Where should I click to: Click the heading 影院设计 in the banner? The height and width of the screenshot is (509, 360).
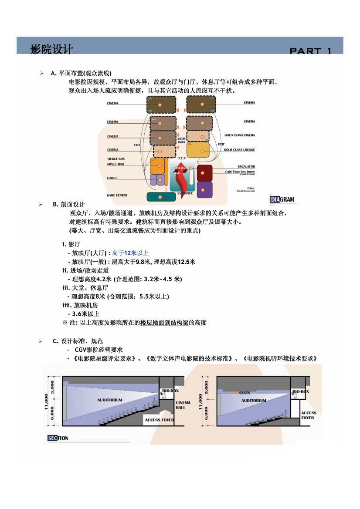(51, 49)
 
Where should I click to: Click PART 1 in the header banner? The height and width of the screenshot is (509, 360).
(310, 51)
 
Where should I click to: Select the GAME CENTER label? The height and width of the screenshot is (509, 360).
(117, 196)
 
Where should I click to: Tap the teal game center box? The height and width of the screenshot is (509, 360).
(161, 197)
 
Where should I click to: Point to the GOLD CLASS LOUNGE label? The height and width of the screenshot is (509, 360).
(239, 150)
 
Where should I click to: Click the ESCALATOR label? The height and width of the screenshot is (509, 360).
(246, 167)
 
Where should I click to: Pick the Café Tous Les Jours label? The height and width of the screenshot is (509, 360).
(240, 172)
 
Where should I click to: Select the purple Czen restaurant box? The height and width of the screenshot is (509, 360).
(204, 189)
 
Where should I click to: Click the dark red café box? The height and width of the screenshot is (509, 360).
(204, 173)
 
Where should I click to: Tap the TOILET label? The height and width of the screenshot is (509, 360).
(112, 178)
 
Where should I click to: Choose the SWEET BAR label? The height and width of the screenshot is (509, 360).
(115, 164)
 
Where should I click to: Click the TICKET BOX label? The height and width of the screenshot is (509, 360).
(115, 159)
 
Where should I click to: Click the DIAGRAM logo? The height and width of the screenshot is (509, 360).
(282, 200)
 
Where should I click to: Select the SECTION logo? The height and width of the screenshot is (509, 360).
(58, 438)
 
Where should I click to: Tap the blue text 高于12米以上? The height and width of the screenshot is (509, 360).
(130, 253)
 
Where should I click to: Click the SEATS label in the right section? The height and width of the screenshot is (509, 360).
(245, 393)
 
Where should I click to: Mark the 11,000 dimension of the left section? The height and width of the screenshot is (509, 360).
(46, 402)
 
